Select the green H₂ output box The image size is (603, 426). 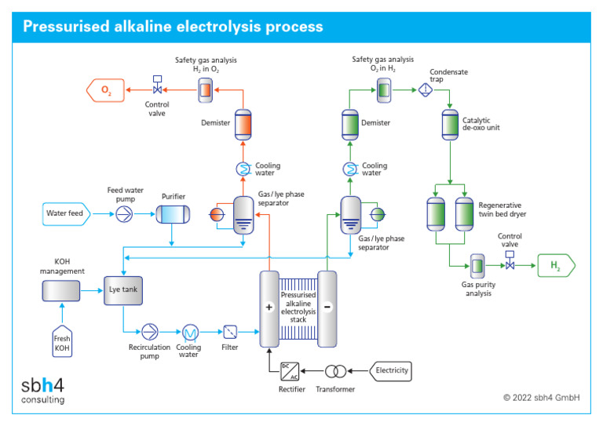[x=555, y=267]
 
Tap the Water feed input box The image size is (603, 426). [x=70, y=213]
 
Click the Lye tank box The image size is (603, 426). [x=123, y=289]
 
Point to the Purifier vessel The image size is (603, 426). [x=173, y=213]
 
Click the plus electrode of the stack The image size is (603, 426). [x=269, y=307]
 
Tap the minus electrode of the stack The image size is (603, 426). [x=327, y=307]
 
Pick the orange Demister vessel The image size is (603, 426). [x=243, y=125]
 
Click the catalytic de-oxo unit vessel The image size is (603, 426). [x=450, y=124]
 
